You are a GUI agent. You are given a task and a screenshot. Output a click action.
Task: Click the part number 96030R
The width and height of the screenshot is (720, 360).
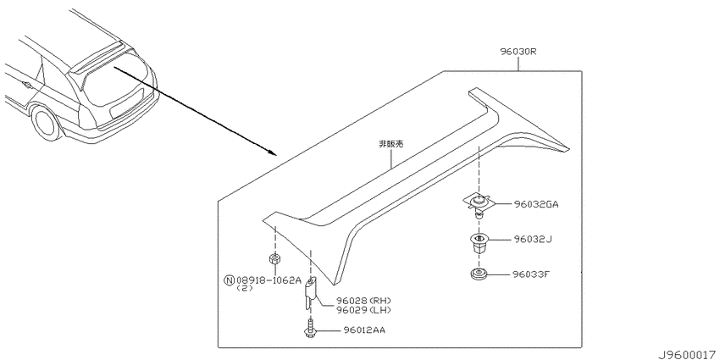click(x=518, y=52)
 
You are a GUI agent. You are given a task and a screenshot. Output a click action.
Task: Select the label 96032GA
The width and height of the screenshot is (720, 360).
click(x=536, y=205)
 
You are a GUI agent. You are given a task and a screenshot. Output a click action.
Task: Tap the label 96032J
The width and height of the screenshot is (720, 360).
click(x=533, y=239)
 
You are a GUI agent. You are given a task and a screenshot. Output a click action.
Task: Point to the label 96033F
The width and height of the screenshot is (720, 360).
click(x=531, y=274)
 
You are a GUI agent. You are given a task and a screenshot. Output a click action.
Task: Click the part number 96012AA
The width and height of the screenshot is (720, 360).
click(x=364, y=330)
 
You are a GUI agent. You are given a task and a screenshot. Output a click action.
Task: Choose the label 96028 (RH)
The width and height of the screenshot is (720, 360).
click(x=363, y=301)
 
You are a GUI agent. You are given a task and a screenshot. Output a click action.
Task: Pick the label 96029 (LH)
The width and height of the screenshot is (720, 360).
click(x=363, y=310)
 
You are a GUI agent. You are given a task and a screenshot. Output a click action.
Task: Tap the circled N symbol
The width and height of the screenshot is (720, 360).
click(x=230, y=280)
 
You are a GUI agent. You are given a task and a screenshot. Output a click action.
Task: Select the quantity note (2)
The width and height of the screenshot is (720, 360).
click(x=244, y=288)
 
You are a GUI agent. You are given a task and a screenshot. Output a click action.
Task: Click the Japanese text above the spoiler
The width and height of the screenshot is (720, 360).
click(x=390, y=144)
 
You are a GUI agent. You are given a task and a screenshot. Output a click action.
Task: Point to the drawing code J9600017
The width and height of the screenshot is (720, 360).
click(x=688, y=355)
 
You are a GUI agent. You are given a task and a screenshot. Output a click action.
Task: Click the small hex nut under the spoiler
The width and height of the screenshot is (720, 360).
click(x=274, y=259)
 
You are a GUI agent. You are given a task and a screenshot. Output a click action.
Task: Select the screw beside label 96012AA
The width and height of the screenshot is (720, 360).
click(x=310, y=329)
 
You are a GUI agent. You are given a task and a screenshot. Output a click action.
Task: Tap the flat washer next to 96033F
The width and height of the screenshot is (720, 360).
click(x=478, y=275)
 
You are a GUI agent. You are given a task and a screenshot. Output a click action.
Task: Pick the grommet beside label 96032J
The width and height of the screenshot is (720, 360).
click(x=479, y=243)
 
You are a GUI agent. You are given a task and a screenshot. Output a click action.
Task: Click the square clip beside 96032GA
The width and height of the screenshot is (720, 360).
click(x=479, y=202)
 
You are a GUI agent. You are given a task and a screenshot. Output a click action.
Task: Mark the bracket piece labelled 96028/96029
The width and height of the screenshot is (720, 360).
click(x=311, y=293)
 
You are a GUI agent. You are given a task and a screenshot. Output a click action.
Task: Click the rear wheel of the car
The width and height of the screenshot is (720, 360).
click(x=47, y=124)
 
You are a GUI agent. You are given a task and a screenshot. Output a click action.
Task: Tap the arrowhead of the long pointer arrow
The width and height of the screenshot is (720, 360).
click(x=273, y=153)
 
